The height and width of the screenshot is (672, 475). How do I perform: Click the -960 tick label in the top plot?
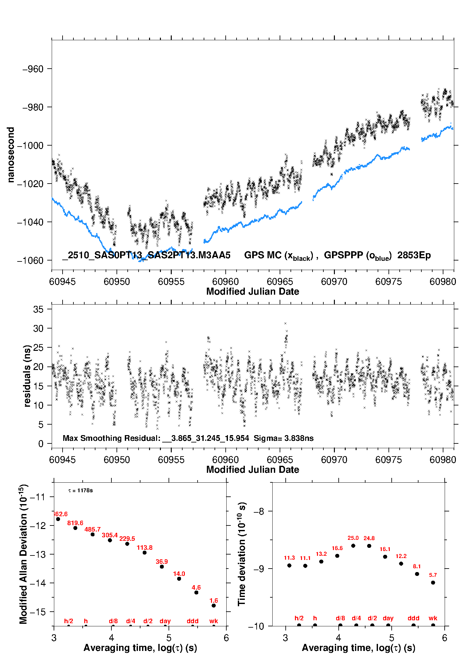click(x=33, y=69)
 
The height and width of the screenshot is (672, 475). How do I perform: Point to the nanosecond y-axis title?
click(x=11, y=155)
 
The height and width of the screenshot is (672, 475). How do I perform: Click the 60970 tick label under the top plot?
click(x=334, y=282)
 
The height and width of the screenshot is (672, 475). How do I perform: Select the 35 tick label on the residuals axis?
click(x=38, y=309)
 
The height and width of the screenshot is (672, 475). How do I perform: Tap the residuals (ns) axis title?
click(x=27, y=376)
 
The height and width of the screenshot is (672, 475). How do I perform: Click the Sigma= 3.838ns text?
click(x=283, y=438)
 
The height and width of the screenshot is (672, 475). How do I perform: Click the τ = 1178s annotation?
click(x=80, y=490)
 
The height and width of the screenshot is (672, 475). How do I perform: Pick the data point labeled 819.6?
click(x=75, y=528)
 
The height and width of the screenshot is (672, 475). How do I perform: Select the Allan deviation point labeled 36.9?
click(x=162, y=567)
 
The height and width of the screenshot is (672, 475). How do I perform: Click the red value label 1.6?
click(x=214, y=600)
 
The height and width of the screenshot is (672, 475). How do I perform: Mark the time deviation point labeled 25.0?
click(x=353, y=546)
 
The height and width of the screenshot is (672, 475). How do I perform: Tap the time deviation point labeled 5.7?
click(x=433, y=583)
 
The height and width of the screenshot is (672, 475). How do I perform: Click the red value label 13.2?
click(x=321, y=554)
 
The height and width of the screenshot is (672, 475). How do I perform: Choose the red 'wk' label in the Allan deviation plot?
click(x=214, y=621)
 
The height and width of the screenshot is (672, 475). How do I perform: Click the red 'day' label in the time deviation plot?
click(x=388, y=618)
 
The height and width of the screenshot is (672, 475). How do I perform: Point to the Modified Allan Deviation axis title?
click(x=23, y=554)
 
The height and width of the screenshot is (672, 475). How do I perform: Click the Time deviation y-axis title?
click(x=242, y=554)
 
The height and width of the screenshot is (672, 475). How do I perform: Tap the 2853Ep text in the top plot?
click(x=414, y=255)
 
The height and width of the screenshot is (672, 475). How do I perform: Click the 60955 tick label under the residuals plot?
click(x=171, y=460)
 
